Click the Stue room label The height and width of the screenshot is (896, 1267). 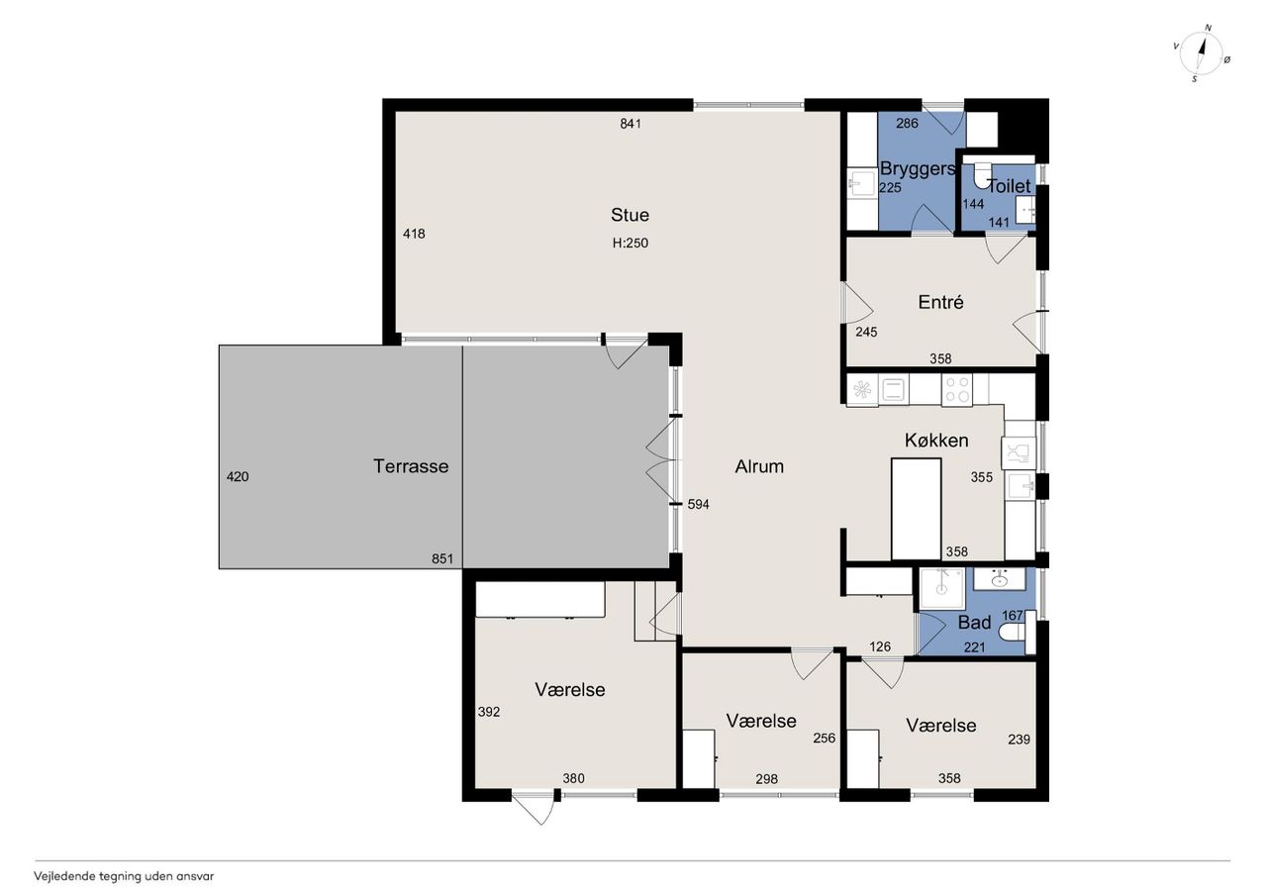(x=630, y=215)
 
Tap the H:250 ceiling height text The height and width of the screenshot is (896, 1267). (x=631, y=244)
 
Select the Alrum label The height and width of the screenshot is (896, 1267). (x=759, y=466)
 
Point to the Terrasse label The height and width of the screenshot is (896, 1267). (x=411, y=466)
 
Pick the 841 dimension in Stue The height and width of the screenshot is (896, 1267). (x=631, y=124)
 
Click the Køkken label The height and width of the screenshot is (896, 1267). (x=936, y=441)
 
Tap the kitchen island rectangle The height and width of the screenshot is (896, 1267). (x=916, y=509)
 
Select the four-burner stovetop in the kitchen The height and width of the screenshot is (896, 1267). (x=957, y=390)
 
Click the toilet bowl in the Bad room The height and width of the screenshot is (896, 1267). (x=1012, y=633)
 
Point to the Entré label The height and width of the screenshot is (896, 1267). (x=940, y=302)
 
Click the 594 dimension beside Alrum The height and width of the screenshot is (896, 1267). (x=698, y=504)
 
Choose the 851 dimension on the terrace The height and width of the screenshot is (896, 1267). (x=442, y=558)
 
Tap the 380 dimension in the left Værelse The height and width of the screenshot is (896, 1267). (x=573, y=778)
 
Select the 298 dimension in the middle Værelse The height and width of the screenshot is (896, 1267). (x=766, y=779)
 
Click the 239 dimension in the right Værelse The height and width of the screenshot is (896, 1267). (x=1019, y=740)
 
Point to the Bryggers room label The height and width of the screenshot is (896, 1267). (x=918, y=168)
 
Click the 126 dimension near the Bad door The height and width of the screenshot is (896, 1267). (x=880, y=646)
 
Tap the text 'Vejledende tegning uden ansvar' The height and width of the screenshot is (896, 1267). (x=124, y=876)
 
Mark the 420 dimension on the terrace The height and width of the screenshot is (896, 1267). (x=237, y=477)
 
